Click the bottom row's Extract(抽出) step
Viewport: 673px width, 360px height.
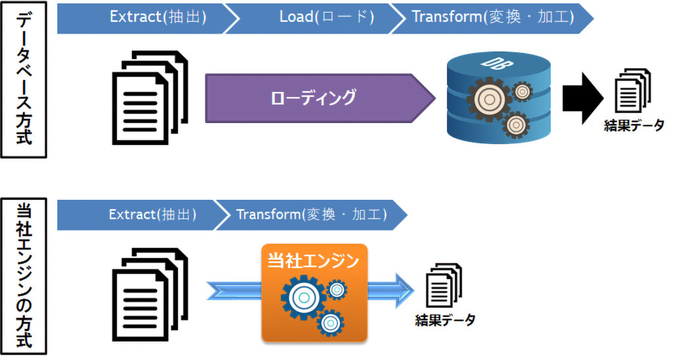[142, 215]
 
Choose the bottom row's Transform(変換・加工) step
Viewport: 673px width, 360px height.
[312, 215]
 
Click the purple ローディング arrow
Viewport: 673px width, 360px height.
[320, 99]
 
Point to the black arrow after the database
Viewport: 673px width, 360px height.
[583, 99]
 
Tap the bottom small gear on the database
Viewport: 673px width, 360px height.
[515, 125]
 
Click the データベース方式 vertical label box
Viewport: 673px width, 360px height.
[24, 79]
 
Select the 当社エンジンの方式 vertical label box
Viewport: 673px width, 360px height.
[24, 277]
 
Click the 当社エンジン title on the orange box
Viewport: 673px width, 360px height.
[313, 260]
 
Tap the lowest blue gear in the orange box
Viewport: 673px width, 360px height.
[331, 323]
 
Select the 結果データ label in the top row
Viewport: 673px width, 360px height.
[634, 125]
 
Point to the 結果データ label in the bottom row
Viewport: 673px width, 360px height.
[445, 320]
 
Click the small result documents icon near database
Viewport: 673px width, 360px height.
[633, 91]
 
